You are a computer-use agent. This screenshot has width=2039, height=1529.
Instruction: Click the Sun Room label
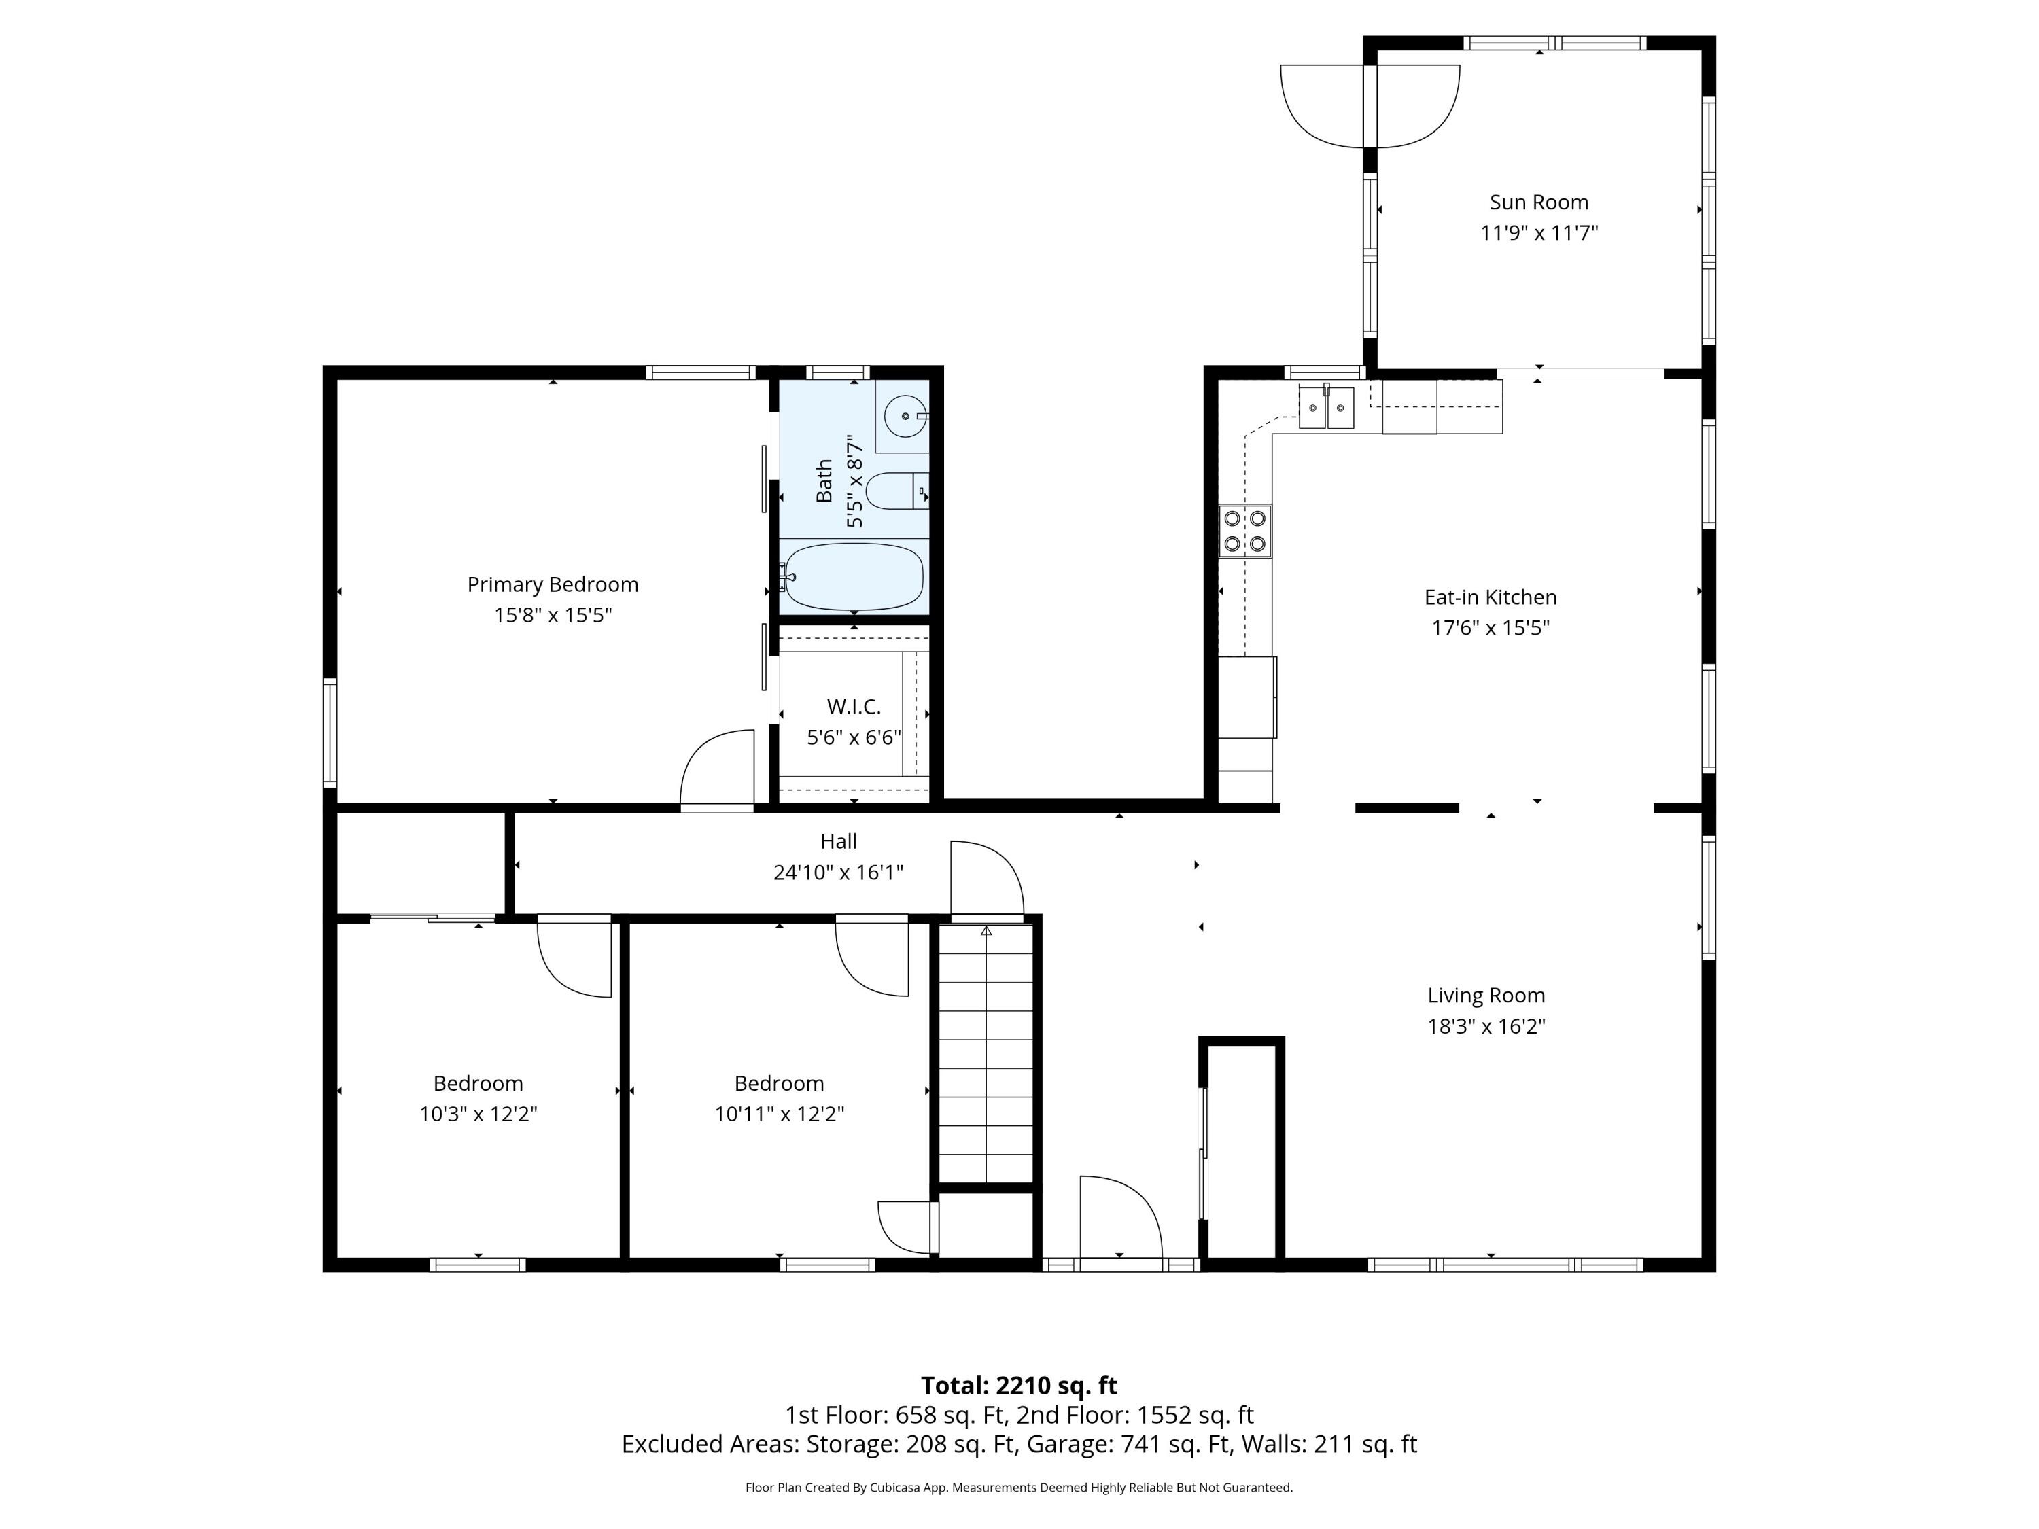click(x=1539, y=202)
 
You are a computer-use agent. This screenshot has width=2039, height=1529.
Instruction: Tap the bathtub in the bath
click(x=854, y=577)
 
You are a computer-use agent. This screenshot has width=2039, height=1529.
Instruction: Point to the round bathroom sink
click(x=905, y=417)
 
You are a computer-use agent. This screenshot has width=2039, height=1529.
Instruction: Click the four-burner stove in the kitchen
click(x=1244, y=531)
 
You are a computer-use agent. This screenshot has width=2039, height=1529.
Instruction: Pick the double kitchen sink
click(x=1327, y=407)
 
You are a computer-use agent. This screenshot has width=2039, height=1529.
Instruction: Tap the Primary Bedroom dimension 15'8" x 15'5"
click(x=553, y=615)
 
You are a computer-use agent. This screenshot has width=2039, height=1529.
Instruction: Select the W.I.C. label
click(x=854, y=707)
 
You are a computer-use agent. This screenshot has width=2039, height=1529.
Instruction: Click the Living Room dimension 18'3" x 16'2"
click(x=1486, y=1025)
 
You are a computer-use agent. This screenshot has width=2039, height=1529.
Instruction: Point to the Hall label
click(x=838, y=841)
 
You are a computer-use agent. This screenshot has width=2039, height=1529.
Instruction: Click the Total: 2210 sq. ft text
click(x=1019, y=1385)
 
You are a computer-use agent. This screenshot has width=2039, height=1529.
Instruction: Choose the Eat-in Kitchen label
click(x=1490, y=597)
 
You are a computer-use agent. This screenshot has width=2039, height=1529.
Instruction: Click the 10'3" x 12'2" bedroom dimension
click(x=478, y=1113)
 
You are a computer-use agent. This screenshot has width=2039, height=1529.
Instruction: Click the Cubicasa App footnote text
click(x=1019, y=1488)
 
